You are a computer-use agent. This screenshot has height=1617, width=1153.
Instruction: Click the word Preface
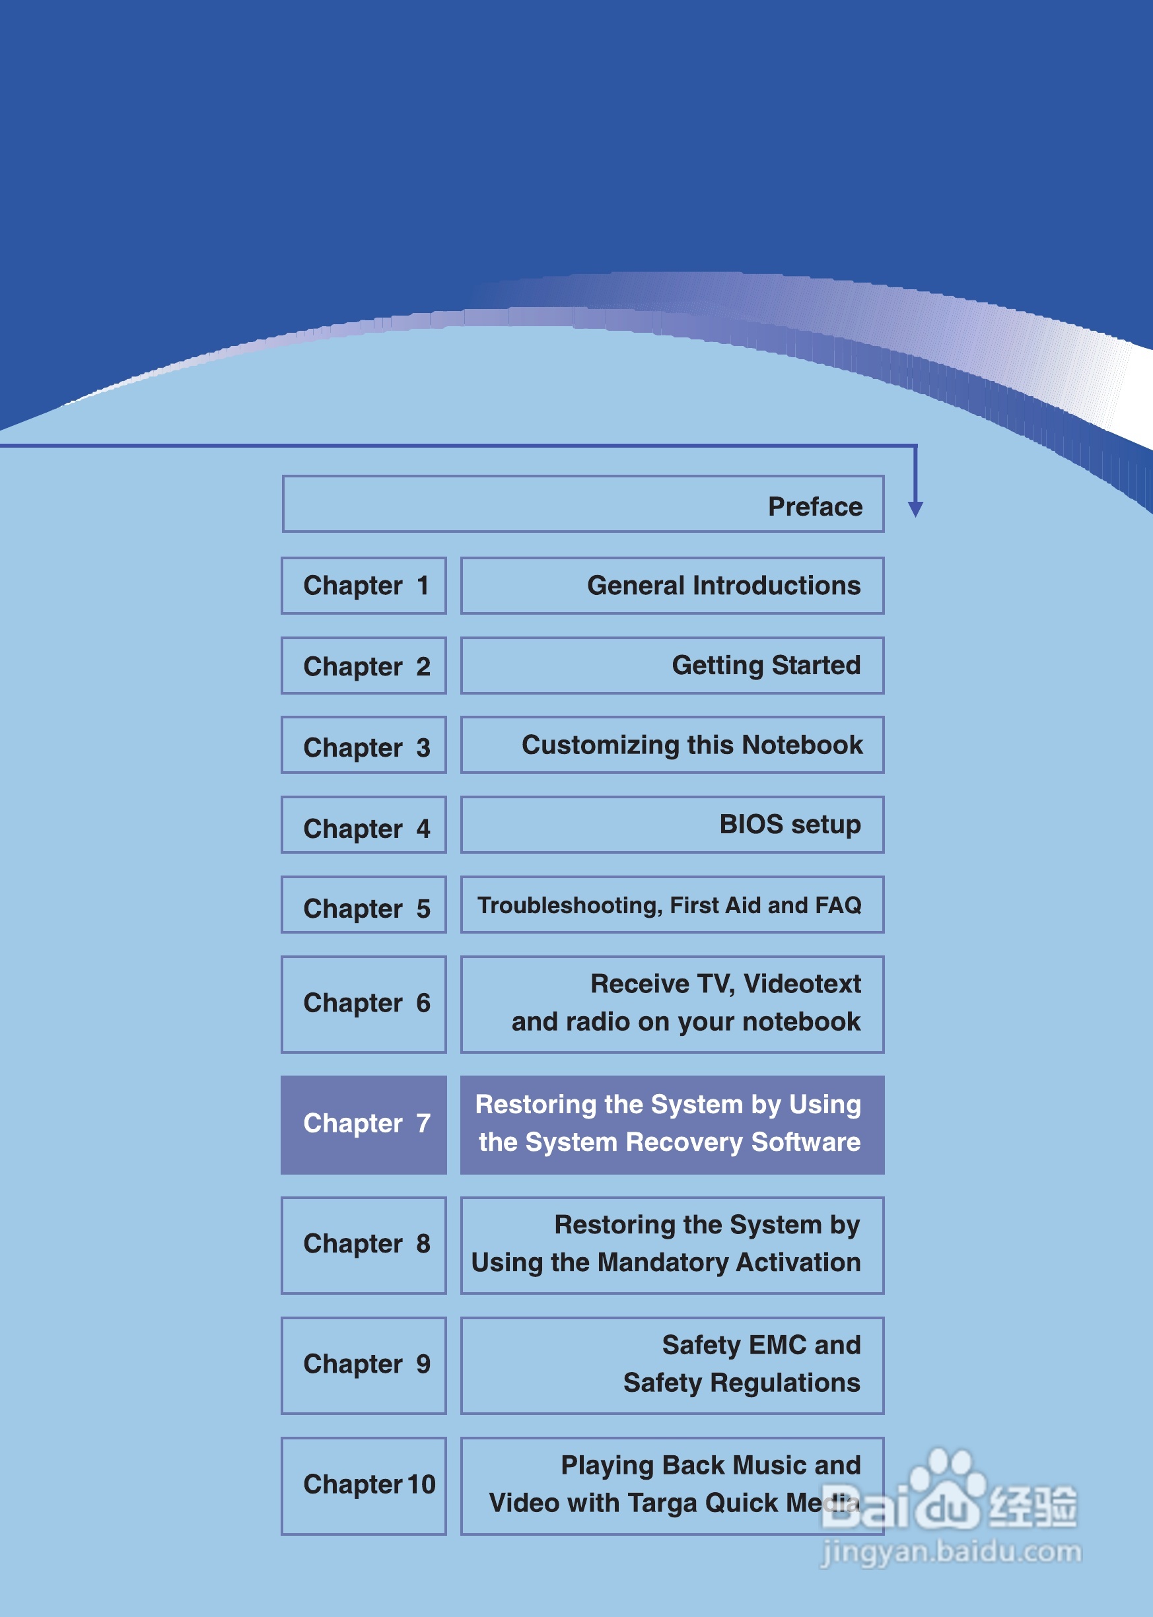click(x=815, y=507)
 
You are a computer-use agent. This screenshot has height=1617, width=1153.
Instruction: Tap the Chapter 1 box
click(x=363, y=586)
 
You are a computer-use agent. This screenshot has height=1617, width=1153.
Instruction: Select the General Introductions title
click(x=724, y=586)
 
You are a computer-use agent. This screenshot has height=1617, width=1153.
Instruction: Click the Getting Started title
click(x=766, y=666)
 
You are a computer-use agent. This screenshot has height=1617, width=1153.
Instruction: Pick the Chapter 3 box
click(x=363, y=746)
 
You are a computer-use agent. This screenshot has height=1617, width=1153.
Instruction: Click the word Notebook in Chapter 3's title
click(x=802, y=745)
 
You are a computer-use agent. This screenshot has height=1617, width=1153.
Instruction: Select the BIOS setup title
click(x=790, y=825)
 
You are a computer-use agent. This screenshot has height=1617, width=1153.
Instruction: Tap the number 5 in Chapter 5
click(x=423, y=909)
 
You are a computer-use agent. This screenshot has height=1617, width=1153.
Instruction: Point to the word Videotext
click(x=802, y=984)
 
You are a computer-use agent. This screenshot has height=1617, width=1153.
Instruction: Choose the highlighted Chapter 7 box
click(x=363, y=1124)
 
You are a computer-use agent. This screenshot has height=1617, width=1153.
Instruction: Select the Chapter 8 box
click(x=363, y=1245)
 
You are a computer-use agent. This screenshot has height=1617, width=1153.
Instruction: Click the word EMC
click(x=777, y=1345)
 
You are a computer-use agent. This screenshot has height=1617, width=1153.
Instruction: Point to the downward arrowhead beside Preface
click(x=915, y=508)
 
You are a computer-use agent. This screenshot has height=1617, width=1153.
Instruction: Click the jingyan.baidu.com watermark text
click(x=951, y=1552)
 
